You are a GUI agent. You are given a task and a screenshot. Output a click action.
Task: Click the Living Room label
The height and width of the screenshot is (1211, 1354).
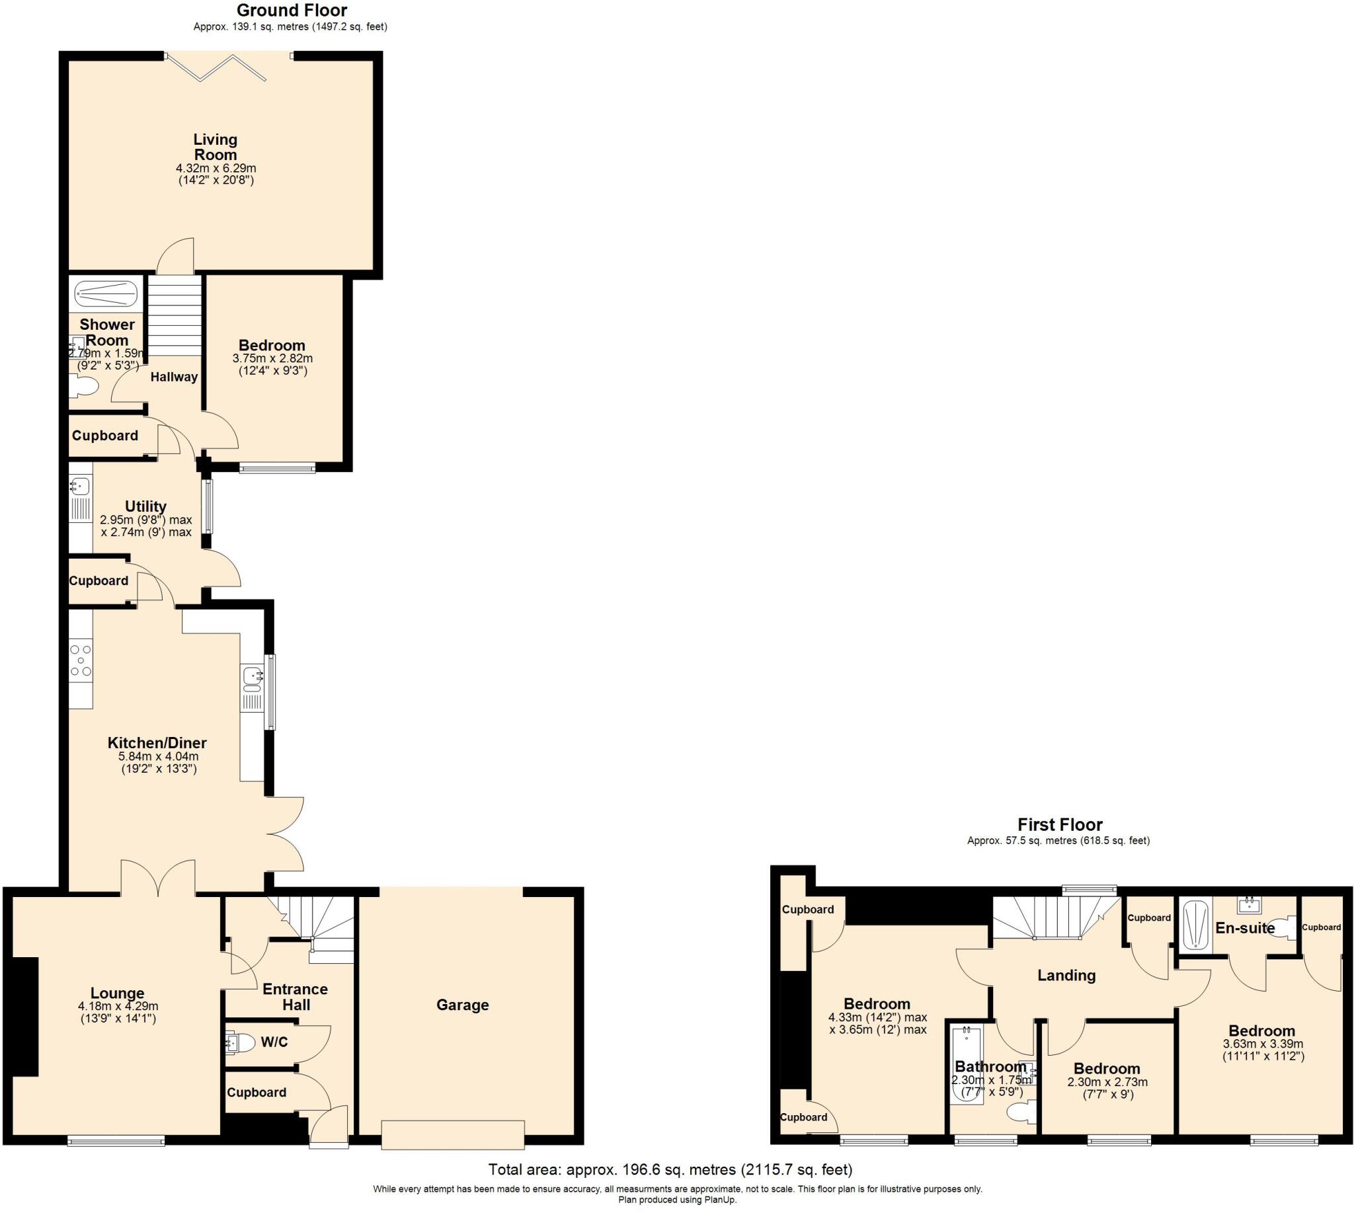(x=215, y=147)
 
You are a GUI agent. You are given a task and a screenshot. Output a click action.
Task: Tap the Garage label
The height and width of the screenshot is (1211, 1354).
(x=462, y=1005)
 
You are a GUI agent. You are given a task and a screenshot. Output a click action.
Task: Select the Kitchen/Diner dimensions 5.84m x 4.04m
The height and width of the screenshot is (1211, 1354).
(x=159, y=756)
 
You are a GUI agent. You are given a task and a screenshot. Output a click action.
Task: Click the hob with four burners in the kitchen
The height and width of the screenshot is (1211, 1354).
(x=81, y=661)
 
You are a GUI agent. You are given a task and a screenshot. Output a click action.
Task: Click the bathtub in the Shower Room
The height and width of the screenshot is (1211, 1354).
(x=106, y=293)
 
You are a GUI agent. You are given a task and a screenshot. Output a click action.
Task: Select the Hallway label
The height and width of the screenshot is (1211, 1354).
(x=174, y=377)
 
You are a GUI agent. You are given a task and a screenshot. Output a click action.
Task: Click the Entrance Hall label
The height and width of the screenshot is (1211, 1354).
(x=296, y=997)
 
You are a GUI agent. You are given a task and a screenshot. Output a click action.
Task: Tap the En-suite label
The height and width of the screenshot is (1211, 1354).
(x=1245, y=928)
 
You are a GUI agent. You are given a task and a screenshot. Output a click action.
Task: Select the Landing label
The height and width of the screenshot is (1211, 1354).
(x=1066, y=976)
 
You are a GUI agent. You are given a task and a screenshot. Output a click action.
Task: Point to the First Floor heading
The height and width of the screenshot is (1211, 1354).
(x=1060, y=825)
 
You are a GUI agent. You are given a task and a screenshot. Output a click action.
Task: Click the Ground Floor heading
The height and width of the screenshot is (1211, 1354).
(x=292, y=11)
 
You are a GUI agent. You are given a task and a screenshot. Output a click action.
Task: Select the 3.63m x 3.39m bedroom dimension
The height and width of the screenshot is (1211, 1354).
(x=1262, y=1044)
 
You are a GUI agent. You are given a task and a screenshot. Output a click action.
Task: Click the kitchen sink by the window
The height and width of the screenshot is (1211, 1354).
(x=253, y=677)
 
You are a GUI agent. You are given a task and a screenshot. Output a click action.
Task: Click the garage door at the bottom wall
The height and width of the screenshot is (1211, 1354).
(x=452, y=1134)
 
